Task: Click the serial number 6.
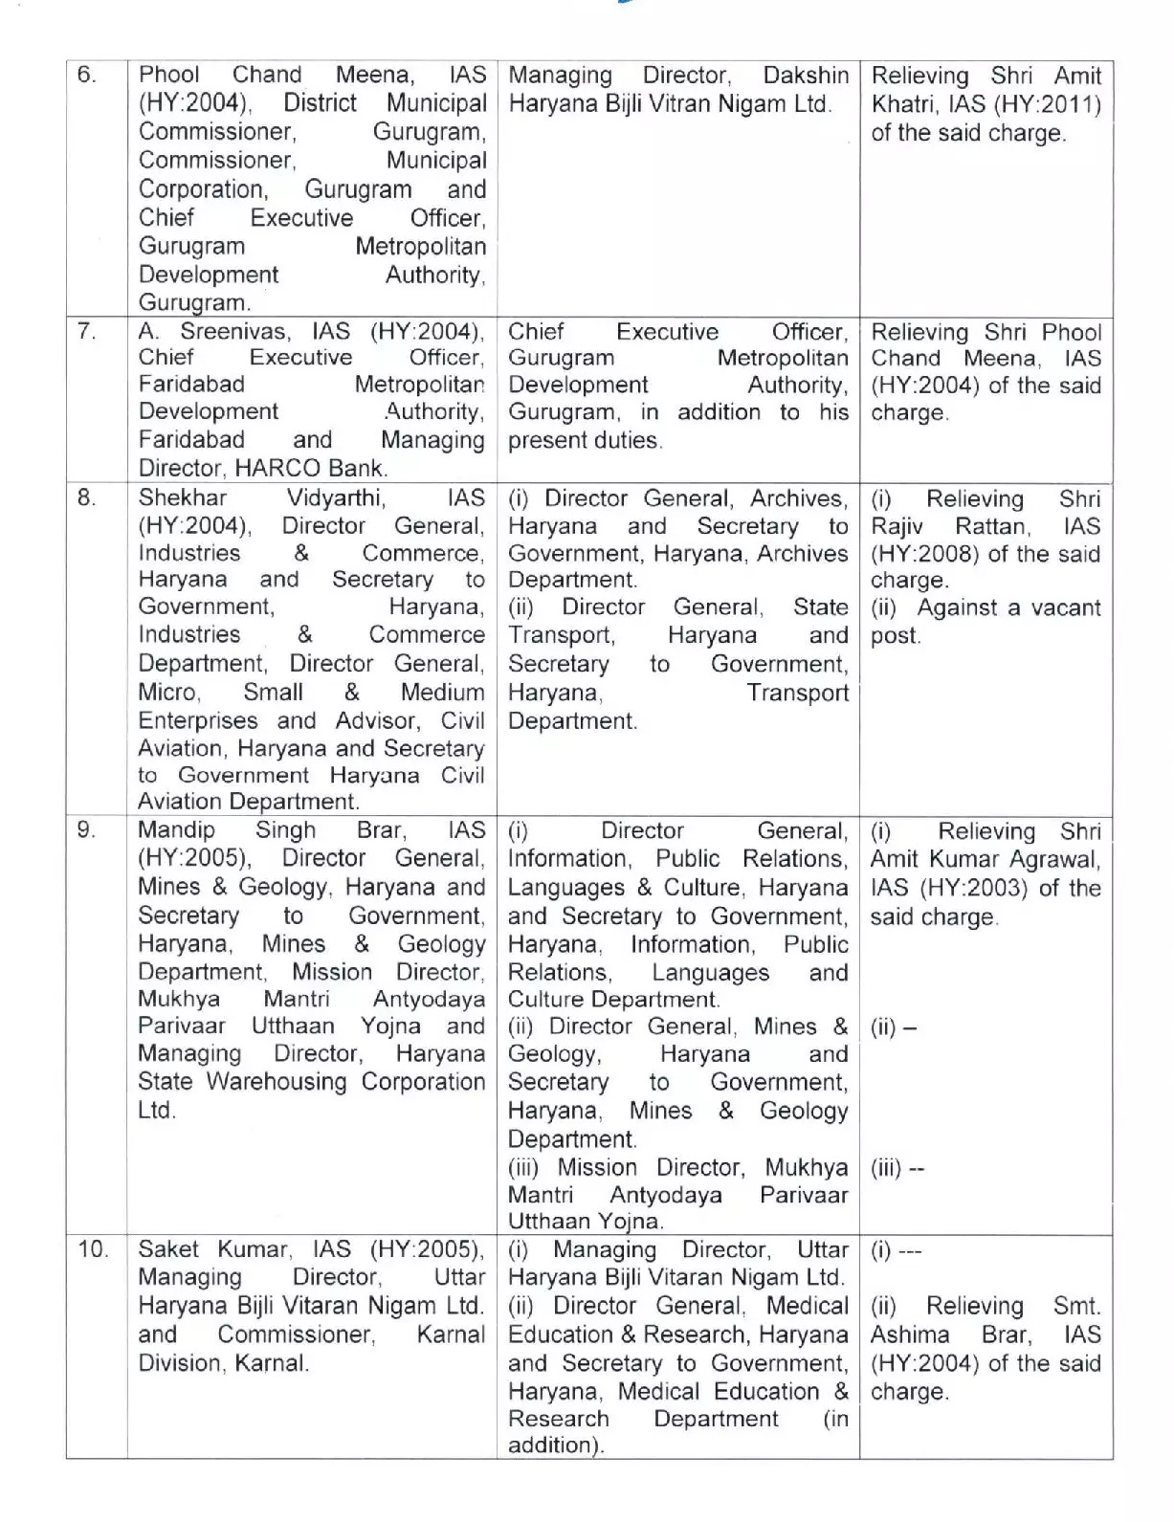(x=86, y=75)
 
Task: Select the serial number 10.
(x=93, y=1249)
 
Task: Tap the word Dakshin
(x=806, y=75)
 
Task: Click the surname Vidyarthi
(x=336, y=497)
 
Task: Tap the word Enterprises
(x=198, y=720)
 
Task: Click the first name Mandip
(x=176, y=829)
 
